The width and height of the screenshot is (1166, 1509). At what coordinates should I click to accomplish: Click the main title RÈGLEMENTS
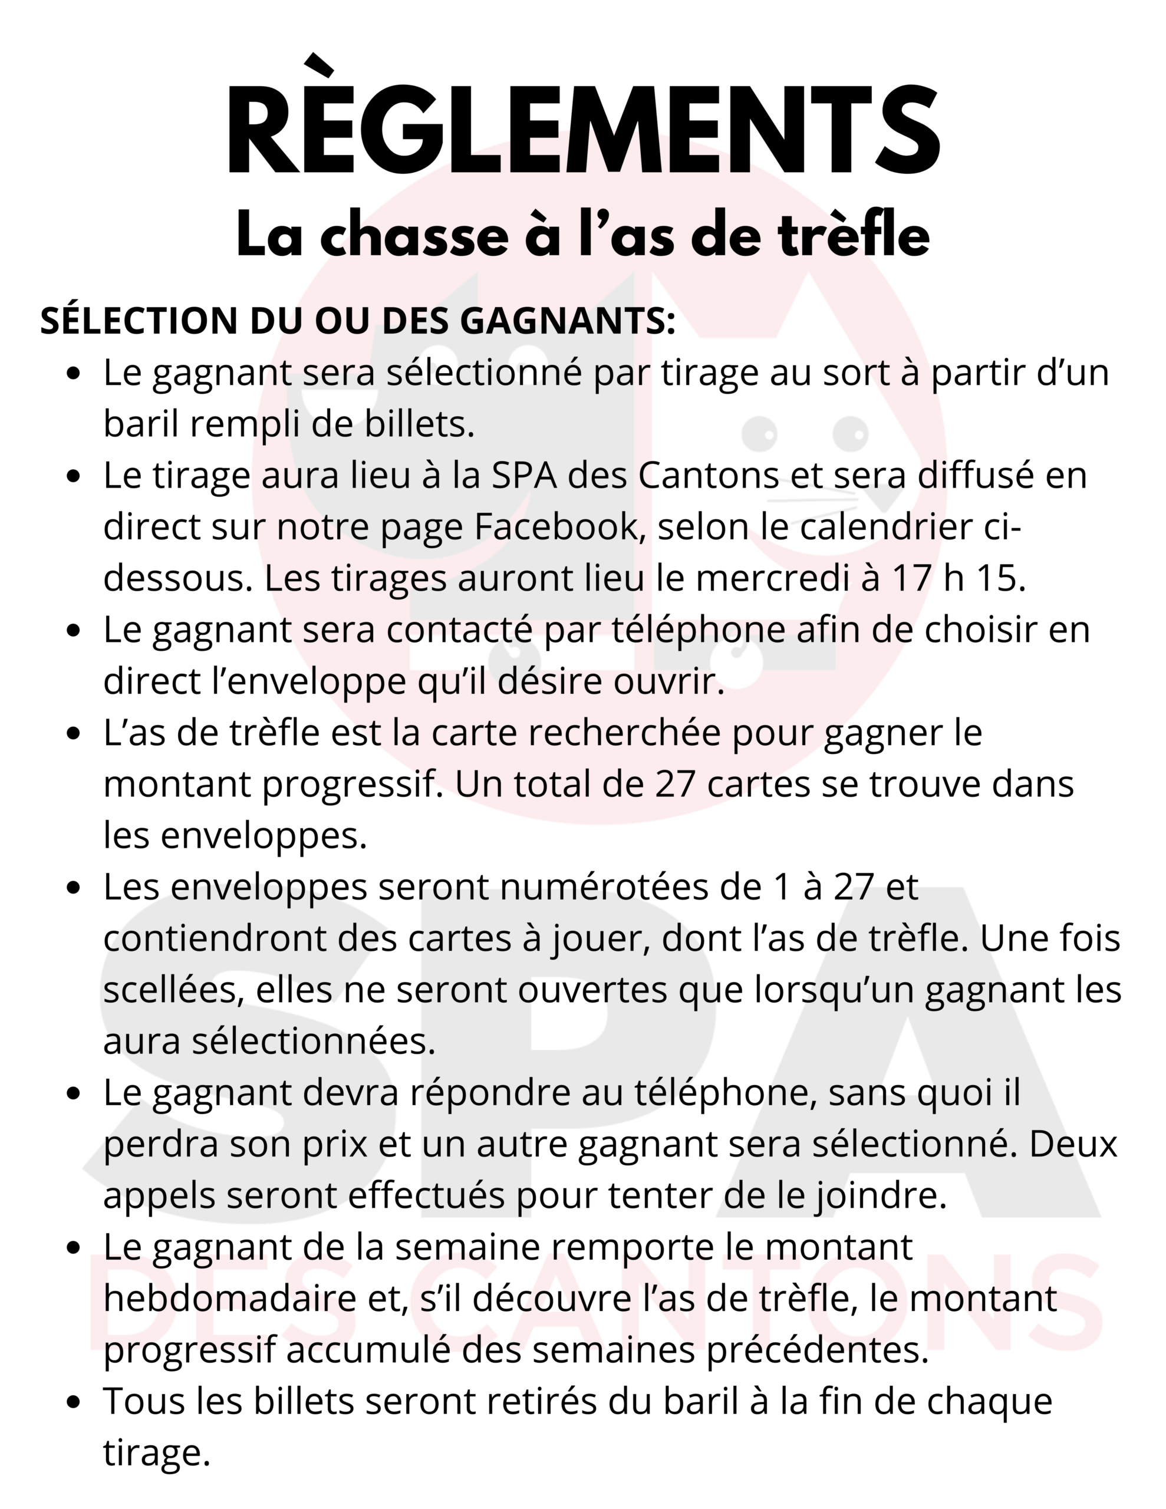coord(582,131)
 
